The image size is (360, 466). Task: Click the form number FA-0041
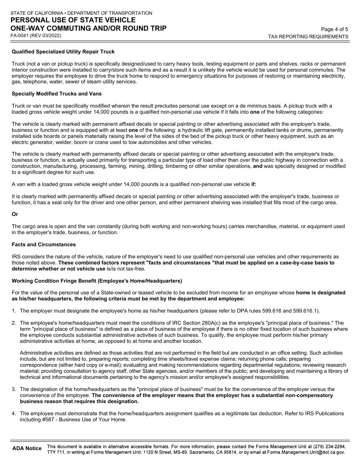21,36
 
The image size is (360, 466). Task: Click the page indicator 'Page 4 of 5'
334,29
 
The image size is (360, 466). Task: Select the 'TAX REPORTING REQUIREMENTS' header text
308,37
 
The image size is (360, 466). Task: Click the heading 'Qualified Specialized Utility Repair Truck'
63,52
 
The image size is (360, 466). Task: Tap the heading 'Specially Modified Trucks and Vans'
56,94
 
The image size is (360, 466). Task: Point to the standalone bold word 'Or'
15,214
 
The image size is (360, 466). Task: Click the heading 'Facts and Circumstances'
44,244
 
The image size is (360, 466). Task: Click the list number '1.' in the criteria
14,311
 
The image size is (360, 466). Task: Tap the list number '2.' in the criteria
14,323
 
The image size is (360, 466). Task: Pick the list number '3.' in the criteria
14,389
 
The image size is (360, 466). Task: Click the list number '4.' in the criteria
14,413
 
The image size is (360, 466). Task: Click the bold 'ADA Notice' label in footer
27,448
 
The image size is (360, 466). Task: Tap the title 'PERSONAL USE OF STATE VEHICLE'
73,20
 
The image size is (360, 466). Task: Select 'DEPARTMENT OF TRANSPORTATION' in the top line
110,13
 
